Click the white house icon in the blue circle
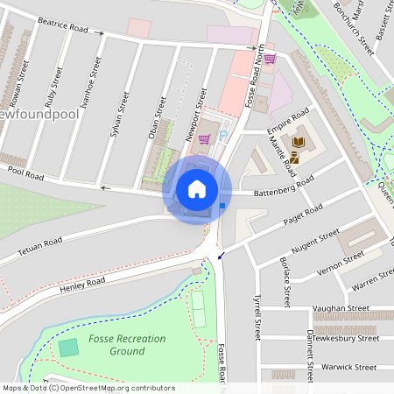pyautogui.click(x=197, y=189)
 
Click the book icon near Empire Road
pyautogui.click(x=298, y=142)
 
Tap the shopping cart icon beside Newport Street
pyautogui.click(x=204, y=138)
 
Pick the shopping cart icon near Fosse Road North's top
pyautogui.click(x=270, y=59)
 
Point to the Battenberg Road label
pyautogui.click(x=283, y=186)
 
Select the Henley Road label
pyautogui.click(x=82, y=285)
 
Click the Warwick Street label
pyautogui.click(x=348, y=367)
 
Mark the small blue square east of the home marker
pyautogui.click(x=223, y=206)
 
